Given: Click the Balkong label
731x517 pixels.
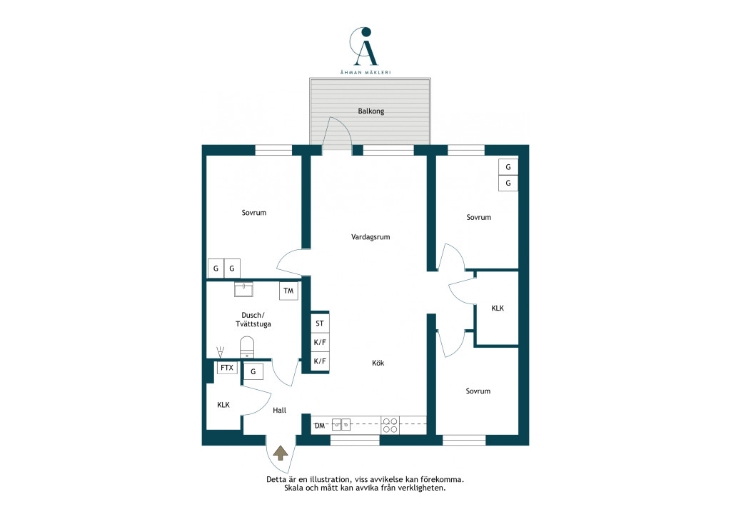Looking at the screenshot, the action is click(x=371, y=111).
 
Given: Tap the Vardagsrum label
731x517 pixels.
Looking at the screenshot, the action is click(x=370, y=237).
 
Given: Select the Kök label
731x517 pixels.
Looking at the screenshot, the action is click(x=378, y=363).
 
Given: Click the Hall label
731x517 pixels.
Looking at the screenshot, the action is click(x=280, y=410).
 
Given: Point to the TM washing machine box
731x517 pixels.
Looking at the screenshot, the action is click(x=288, y=291).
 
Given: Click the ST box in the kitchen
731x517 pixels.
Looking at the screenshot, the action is click(x=320, y=323).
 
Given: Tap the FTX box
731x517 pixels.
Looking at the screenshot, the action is click(x=227, y=368).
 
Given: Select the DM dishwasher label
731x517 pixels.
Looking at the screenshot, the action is click(x=320, y=426).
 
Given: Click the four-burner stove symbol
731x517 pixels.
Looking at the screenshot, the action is click(x=390, y=425).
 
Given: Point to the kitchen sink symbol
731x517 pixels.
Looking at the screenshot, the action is click(x=341, y=425).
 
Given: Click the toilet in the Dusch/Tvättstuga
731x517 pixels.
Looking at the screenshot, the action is click(x=247, y=347).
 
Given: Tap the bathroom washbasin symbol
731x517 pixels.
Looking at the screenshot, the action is click(x=244, y=289).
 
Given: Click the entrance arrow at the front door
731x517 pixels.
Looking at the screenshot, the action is click(x=280, y=453).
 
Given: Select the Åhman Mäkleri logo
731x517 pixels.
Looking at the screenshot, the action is click(x=365, y=51).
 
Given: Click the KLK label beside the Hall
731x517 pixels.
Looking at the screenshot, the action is click(x=223, y=405).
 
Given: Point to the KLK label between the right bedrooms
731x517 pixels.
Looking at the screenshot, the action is click(x=498, y=308).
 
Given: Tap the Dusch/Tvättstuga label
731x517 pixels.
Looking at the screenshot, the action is click(x=253, y=319).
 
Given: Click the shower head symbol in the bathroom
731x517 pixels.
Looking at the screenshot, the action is click(x=221, y=351).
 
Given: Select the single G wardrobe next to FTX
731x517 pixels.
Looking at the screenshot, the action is click(x=253, y=371).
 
